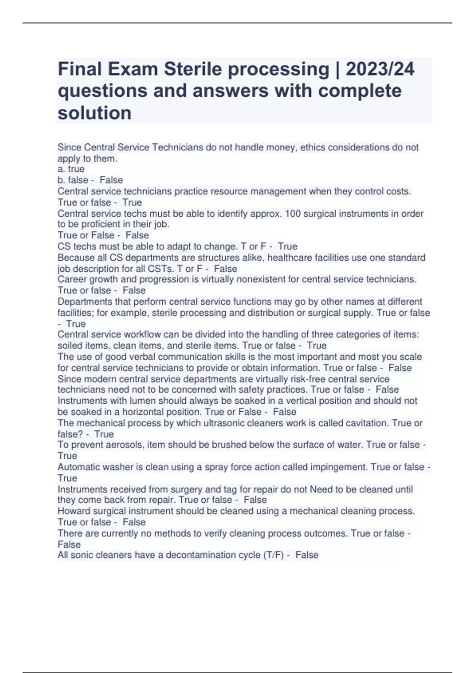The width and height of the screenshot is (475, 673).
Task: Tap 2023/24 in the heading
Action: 380,69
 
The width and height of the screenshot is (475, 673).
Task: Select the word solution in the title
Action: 95,113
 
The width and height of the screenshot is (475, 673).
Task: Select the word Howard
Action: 73,511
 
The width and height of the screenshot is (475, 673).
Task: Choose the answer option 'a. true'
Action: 71,169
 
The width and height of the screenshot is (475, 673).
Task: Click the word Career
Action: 73,279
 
